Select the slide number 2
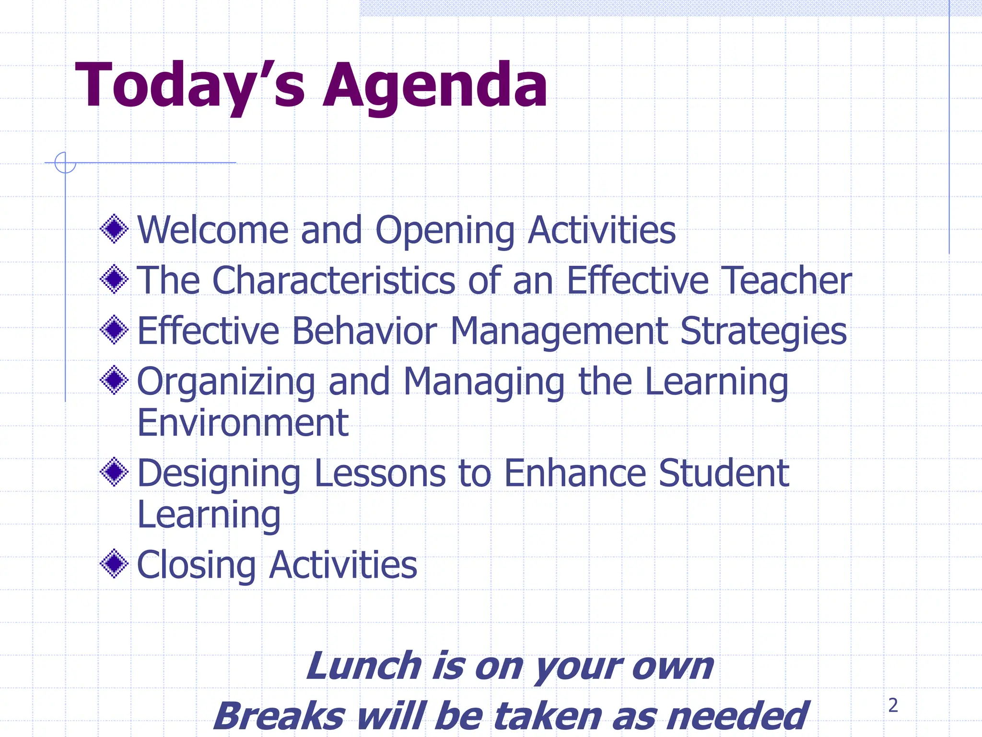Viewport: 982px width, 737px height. point(893,705)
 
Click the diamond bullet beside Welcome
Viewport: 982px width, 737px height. point(114,229)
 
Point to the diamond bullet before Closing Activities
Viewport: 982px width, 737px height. point(114,564)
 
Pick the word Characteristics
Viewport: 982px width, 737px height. point(334,280)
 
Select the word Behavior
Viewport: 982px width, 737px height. point(364,331)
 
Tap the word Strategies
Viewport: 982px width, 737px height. point(763,331)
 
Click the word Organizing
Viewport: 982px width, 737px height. point(226,382)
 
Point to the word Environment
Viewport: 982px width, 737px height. point(243,423)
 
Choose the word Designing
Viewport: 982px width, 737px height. point(219,474)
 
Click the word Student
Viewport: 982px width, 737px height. point(724,473)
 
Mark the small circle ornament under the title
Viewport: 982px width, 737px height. point(65,163)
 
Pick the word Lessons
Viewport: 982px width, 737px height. point(379,473)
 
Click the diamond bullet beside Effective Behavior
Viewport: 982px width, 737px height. point(114,330)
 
